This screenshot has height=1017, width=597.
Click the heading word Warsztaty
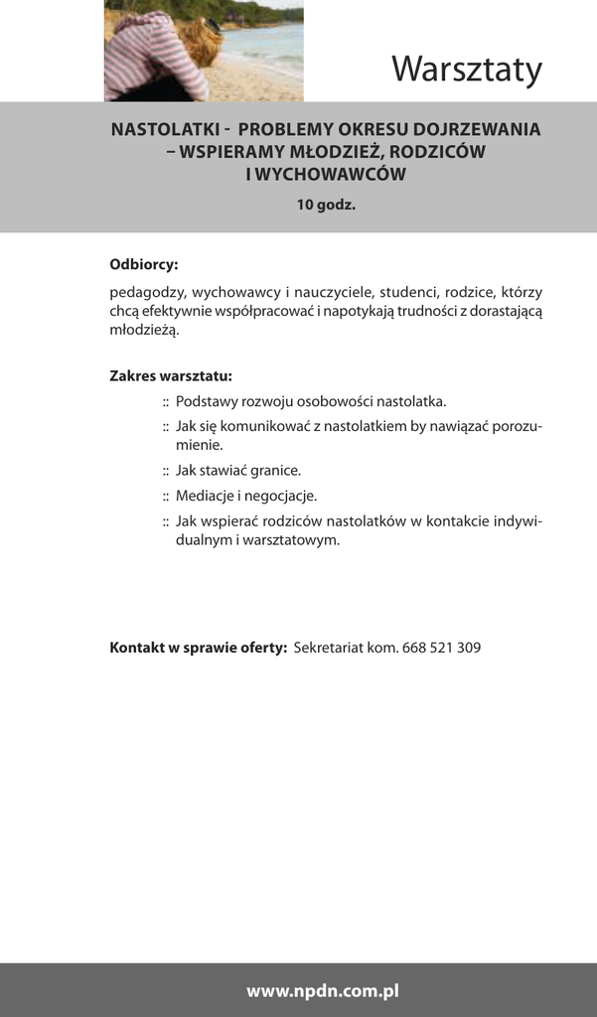(466, 70)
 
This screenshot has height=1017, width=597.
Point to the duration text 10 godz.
(325, 206)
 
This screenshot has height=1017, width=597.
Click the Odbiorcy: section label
(143, 265)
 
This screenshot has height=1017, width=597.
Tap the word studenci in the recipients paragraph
(408, 293)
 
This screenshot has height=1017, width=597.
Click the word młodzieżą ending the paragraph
(144, 330)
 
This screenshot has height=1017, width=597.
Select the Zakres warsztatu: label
(171, 376)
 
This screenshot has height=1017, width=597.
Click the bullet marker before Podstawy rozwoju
(166, 402)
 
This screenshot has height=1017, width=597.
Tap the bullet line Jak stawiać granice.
(238, 470)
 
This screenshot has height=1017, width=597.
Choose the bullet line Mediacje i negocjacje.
(246, 496)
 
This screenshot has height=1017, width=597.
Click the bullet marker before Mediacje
(166, 497)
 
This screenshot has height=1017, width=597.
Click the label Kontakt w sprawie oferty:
(198, 648)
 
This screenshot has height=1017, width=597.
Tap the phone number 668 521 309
(442, 648)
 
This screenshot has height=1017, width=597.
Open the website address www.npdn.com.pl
(323, 990)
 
